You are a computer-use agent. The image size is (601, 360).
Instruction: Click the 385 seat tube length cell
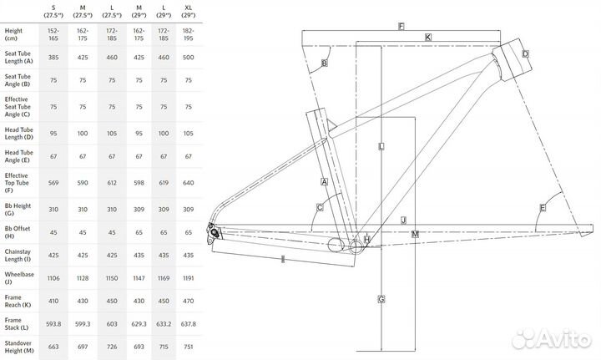tap(53, 58)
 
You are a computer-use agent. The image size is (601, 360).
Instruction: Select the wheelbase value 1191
tap(188, 276)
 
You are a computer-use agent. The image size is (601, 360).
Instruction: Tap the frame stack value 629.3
tap(137, 325)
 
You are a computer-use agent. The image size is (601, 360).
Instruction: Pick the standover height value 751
tap(188, 348)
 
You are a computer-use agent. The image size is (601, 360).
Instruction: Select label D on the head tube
tap(525, 54)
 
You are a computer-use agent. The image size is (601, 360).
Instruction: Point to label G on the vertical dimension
tap(381, 299)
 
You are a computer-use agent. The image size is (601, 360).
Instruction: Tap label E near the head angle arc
tap(543, 207)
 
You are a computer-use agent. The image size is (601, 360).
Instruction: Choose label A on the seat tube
tap(323, 181)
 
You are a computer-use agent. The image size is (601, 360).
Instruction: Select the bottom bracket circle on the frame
tap(336, 244)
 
